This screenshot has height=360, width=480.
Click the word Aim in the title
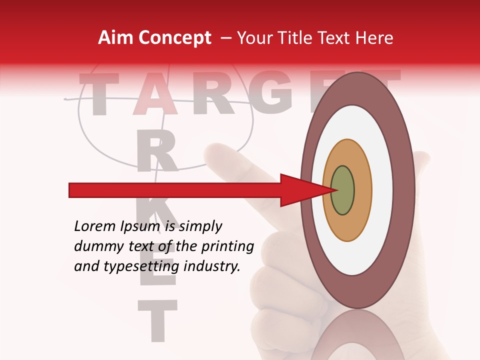(115, 38)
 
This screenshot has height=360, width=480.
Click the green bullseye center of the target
(342, 190)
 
